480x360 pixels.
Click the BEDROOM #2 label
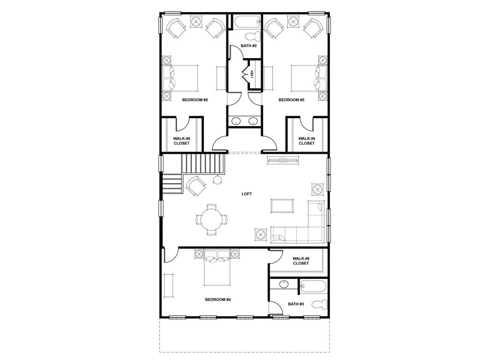click(195, 100)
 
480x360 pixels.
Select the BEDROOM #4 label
click(217, 300)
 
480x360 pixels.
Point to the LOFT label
click(247, 194)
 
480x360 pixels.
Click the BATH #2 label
click(248, 46)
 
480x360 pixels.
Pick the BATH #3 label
click(296, 304)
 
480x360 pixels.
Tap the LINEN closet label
click(252, 75)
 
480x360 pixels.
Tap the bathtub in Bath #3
click(314, 287)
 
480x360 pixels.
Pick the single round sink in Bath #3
click(284, 285)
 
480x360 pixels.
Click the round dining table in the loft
click(211, 220)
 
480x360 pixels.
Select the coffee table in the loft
click(282, 206)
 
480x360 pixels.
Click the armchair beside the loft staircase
click(196, 186)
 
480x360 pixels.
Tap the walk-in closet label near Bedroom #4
click(301, 261)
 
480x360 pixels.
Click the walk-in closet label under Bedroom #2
click(181, 141)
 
